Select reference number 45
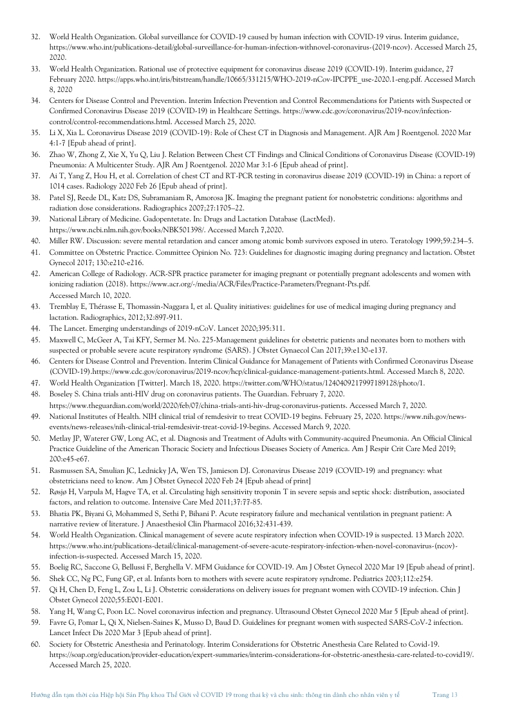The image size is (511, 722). pyautogui.click(x=36, y=340)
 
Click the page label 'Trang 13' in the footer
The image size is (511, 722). pyautogui.click(x=445, y=695)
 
